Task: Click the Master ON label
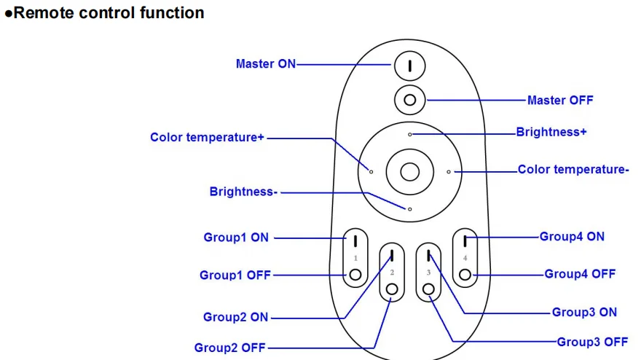pyautogui.click(x=266, y=64)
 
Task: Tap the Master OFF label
pyautogui.click(x=560, y=101)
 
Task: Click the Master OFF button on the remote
pyautogui.click(x=409, y=100)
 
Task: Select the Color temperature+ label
pyautogui.click(x=207, y=137)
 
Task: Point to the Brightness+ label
pyautogui.click(x=551, y=132)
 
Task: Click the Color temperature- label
pyautogui.click(x=573, y=169)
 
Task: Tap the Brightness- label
pyautogui.click(x=243, y=192)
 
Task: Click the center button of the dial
pyautogui.click(x=409, y=172)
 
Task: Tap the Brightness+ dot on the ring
pyautogui.click(x=409, y=134)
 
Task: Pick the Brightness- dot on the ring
pyautogui.click(x=409, y=209)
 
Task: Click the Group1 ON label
pyautogui.click(x=236, y=238)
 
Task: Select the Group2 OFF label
pyautogui.click(x=229, y=348)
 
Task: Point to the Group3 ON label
pyautogui.click(x=584, y=312)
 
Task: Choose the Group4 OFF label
pyautogui.click(x=580, y=274)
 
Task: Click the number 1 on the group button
pyautogui.click(x=355, y=258)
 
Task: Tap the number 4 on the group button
pyautogui.click(x=465, y=258)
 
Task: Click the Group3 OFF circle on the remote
pyautogui.click(x=428, y=289)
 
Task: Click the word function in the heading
pyautogui.click(x=172, y=12)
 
